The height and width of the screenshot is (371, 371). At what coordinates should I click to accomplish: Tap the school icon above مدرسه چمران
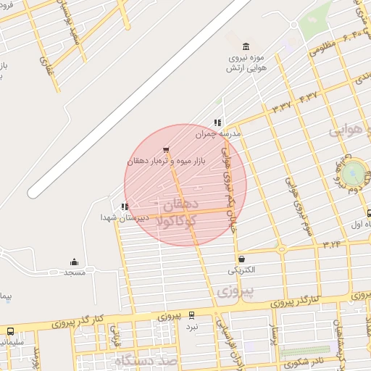pos(217,123)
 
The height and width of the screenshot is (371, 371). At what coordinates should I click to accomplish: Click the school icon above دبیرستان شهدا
pos(125,207)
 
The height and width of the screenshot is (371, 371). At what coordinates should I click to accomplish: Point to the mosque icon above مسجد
pos(74,262)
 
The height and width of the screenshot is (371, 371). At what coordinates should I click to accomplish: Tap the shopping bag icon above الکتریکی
pos(241,259)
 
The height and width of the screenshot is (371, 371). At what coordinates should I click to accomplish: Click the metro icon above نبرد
pos(191,315)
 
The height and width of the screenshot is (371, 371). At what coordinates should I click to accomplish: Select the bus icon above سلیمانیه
pos(10,331)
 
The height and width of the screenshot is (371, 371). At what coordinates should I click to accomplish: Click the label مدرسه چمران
pos(217,134)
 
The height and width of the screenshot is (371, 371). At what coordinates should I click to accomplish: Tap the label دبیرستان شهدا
pos(125,217)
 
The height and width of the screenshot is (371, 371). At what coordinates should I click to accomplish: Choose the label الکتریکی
pos(242,270)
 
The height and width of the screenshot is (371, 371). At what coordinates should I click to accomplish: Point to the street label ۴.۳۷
pos(307,96)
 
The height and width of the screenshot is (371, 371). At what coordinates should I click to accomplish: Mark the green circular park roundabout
pos(353,172)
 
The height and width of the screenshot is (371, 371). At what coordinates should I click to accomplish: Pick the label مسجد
pos(74,272)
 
